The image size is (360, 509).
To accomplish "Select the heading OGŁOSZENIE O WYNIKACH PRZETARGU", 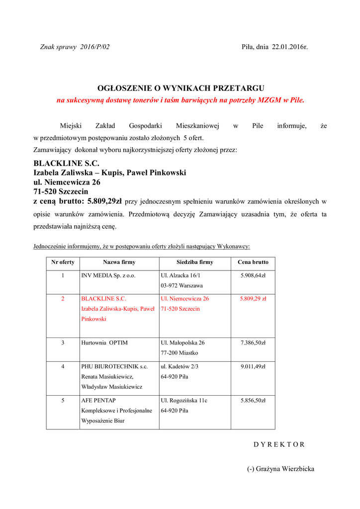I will click(180, 88).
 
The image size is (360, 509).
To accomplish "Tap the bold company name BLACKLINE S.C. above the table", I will click(66, 163).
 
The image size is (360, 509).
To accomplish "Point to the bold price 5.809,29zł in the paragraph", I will click(104, 201).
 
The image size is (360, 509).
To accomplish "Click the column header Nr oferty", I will click(63, 262).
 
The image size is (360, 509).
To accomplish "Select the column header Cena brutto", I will click(253, 262).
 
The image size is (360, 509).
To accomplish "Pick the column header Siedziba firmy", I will click(194, 262).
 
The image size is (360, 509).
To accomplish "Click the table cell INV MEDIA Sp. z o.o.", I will click(108, 275).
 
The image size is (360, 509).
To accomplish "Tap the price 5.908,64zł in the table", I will click(253, 275).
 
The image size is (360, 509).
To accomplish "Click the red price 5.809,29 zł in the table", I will click(253, 299).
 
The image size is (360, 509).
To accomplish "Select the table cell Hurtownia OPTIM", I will click(104, 342).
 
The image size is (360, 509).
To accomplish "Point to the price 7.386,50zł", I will click(253, 342).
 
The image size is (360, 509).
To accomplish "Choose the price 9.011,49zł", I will click(253, 366).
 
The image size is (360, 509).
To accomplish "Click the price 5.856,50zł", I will click(253, 400).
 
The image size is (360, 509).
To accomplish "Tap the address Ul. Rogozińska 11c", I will click(184, 400).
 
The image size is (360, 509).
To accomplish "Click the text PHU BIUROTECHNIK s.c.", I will click(114, 366).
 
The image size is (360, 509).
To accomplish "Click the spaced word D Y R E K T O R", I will click(279, 444).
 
